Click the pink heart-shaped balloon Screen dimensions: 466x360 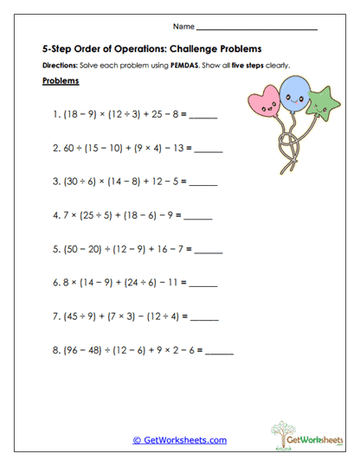[x=264, y=103]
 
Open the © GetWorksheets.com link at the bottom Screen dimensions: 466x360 [x=179, y=440]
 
